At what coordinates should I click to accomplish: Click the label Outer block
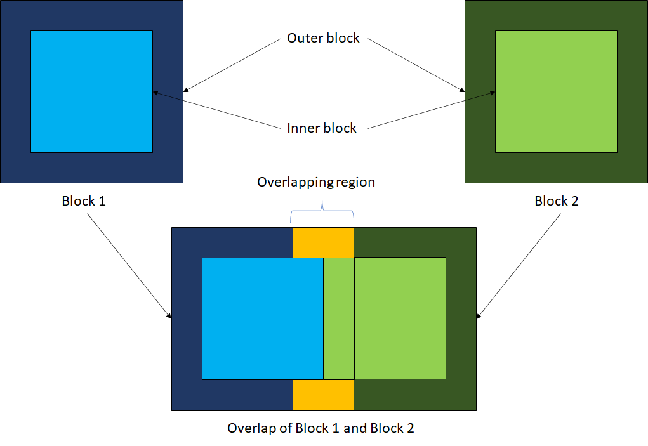coord(323,38)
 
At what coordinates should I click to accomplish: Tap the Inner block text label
coord(322,128)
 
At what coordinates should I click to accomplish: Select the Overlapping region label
coord(316,183)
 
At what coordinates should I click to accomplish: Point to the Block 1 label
coord(83,202)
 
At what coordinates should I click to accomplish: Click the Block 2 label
coord(557,202)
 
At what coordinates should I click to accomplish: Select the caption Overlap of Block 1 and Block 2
coord(321,428)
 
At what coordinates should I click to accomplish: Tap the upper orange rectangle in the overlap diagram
coord(322,242)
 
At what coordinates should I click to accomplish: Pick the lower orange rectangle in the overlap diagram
coord(322,395)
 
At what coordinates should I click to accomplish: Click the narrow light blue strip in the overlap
coord(308,318)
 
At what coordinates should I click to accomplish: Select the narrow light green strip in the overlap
coord(339,318)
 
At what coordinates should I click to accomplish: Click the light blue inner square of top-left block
coord(91,91)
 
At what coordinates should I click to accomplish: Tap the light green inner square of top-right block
coord(556,91)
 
